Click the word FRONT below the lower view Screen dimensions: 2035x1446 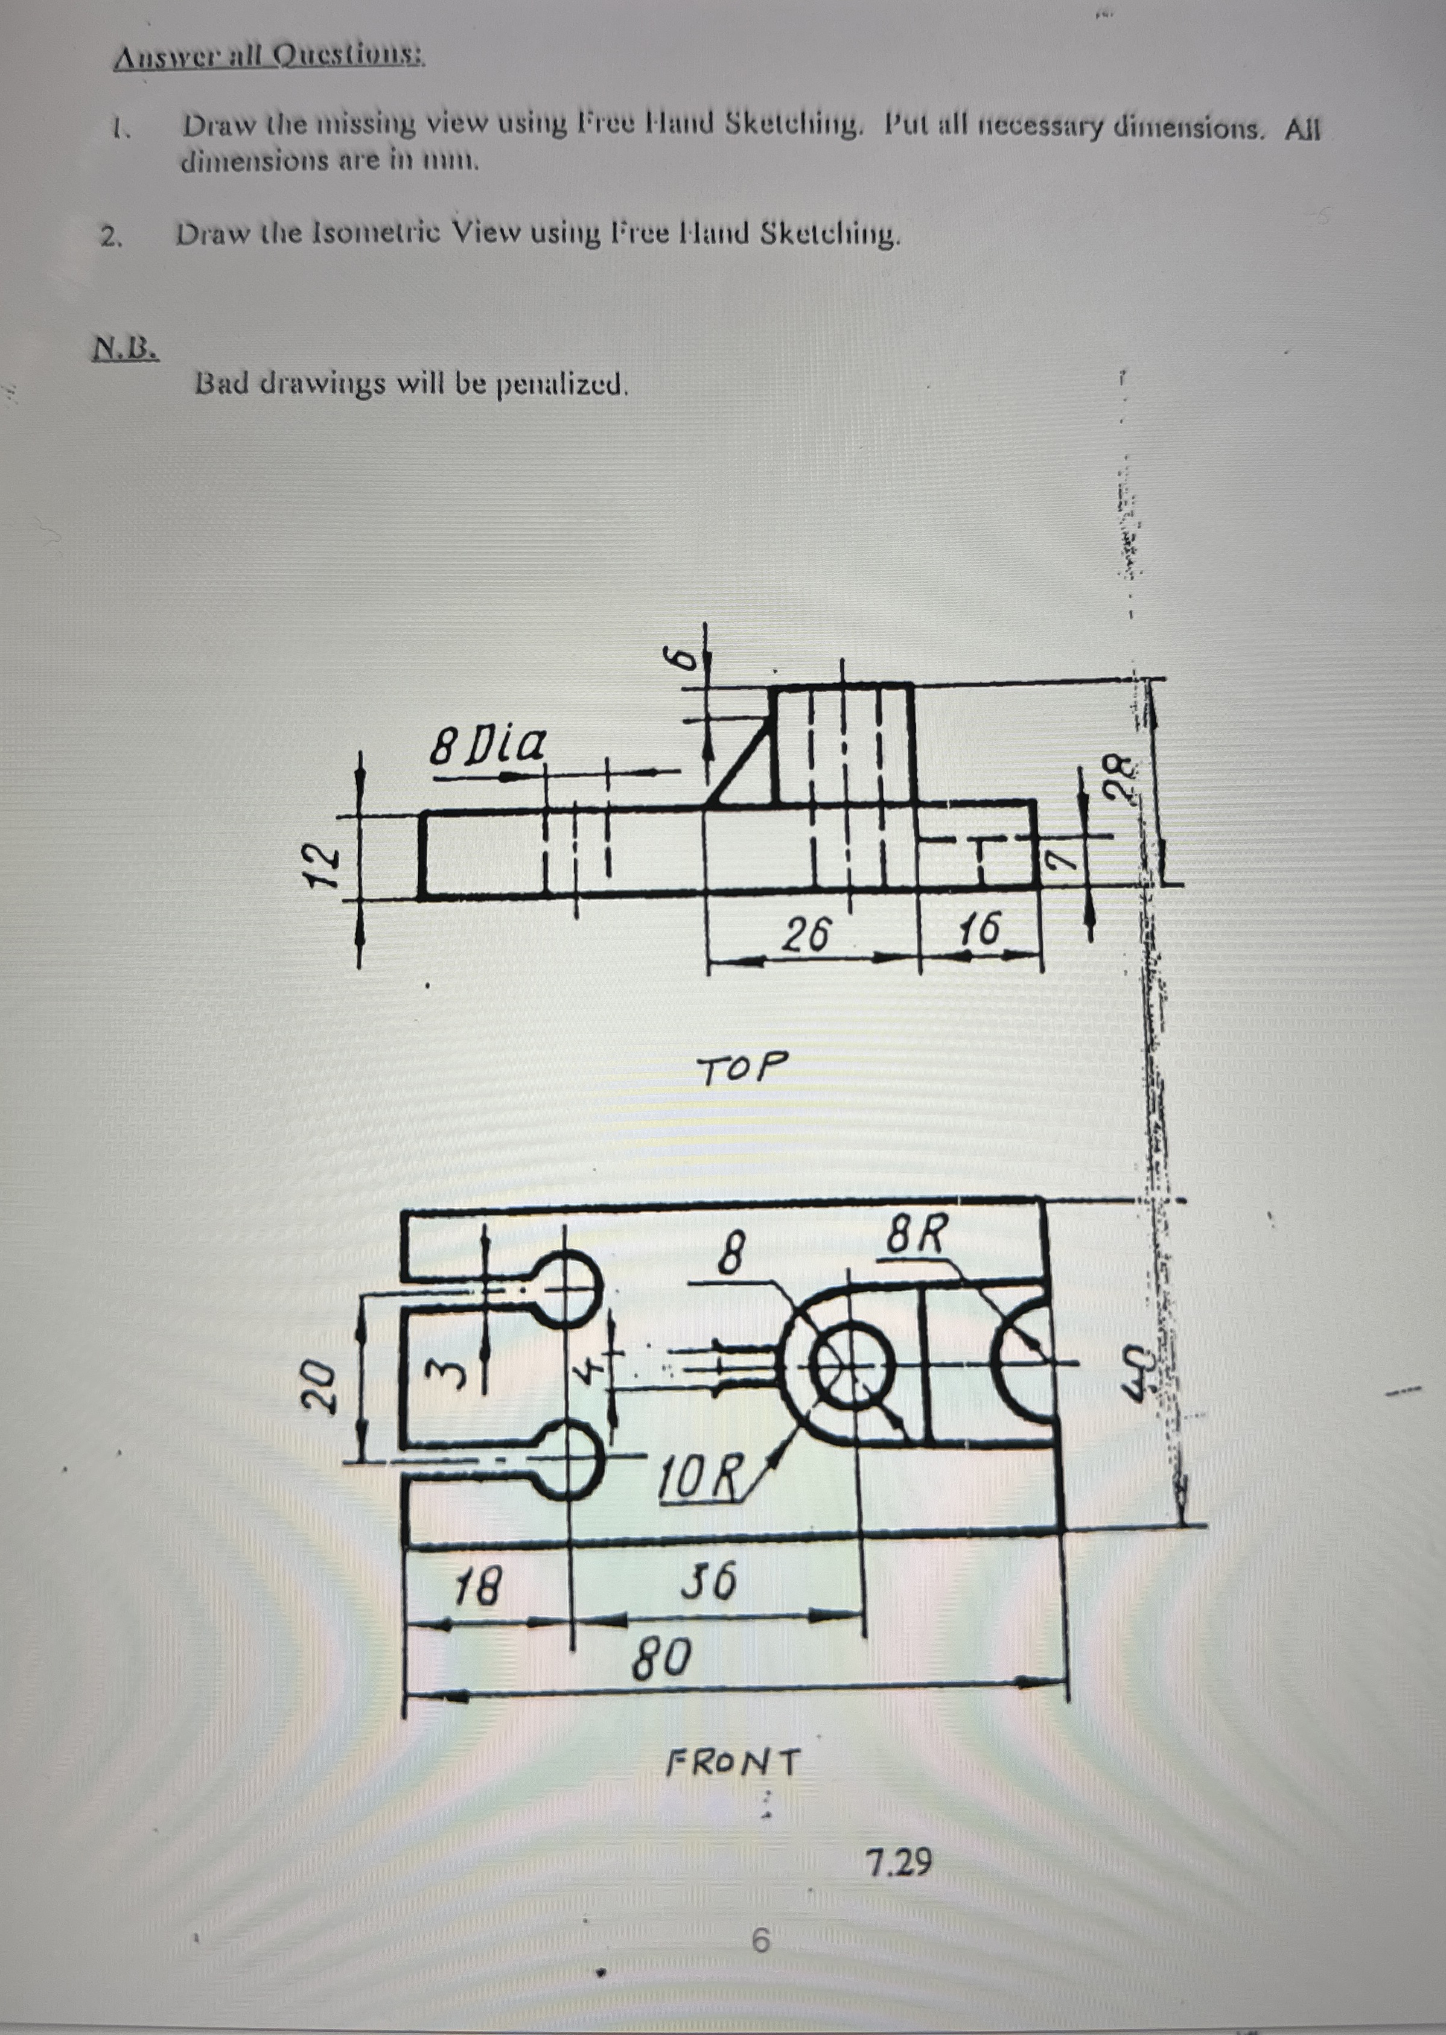(x=734, y=1762)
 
